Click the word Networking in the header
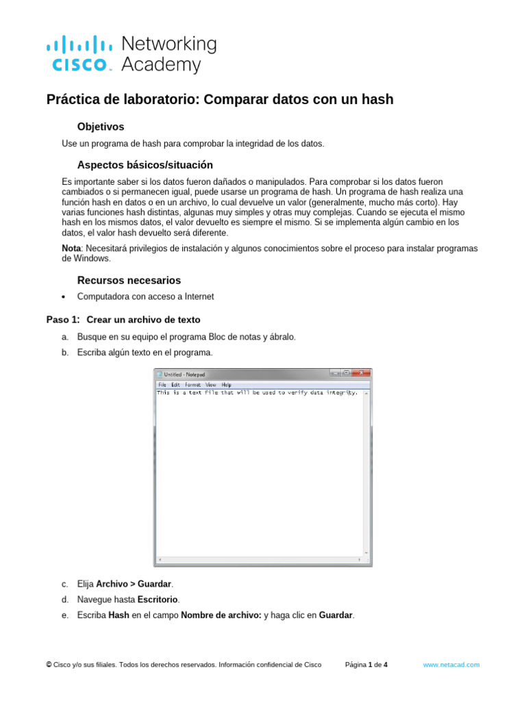point(168,44)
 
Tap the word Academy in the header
point(161,65)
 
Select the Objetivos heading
point(101,127)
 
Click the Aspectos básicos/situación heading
point(145,165)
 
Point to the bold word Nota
point(71,248)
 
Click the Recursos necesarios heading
point(129,280)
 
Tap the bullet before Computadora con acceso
point(64,297)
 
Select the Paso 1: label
point(63,320)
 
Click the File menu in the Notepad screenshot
point(162,385)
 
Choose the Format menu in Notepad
point(192,385)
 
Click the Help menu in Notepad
point(226,385)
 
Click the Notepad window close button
point(362,373)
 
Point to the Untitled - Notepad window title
point(184,374)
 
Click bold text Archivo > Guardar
point(134,584)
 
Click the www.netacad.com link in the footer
point(451,665)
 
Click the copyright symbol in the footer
point(49,665)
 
